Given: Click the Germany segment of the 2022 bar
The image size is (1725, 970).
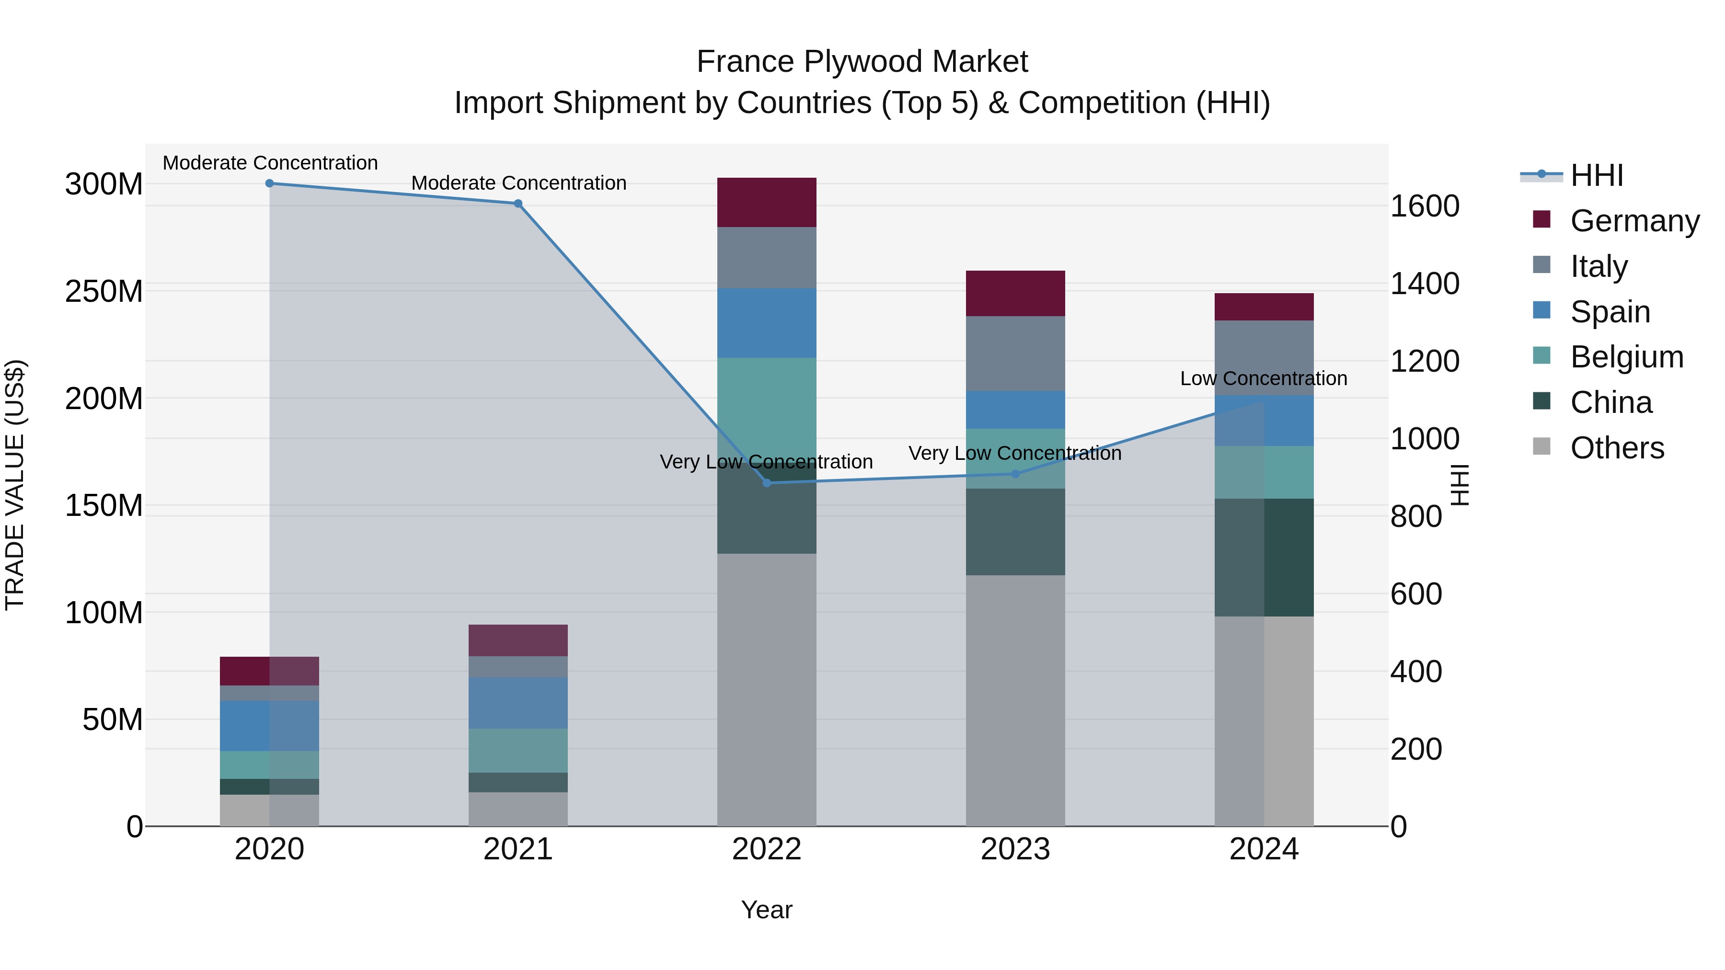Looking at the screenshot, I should (x=767, y=202).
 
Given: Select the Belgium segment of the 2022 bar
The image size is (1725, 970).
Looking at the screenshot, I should (x=767, y=408).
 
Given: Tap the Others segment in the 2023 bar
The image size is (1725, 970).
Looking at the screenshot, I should (x=1015, y=699).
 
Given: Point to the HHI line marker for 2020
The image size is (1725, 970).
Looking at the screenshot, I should (x=270, y=183).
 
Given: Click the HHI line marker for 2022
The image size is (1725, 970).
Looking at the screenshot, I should (x=767, y=483).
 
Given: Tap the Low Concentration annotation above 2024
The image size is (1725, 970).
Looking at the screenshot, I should (x=1263, y=378).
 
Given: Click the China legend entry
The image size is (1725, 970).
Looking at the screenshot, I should (x=1610, y=402).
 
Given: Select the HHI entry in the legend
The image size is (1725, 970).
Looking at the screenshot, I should (x=1597, y=175).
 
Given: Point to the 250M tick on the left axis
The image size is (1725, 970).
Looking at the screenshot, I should (x=104, y=291).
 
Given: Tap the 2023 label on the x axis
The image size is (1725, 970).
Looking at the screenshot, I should (x=1015, y=849).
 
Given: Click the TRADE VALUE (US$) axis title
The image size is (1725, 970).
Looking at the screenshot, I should (x=15, y=485).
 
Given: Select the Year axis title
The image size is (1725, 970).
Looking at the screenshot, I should (x=767, y=910).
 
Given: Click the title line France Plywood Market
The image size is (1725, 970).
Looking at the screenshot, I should (x=862, y=62).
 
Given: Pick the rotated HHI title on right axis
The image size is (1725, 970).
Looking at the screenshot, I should (x=1459, y=485).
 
